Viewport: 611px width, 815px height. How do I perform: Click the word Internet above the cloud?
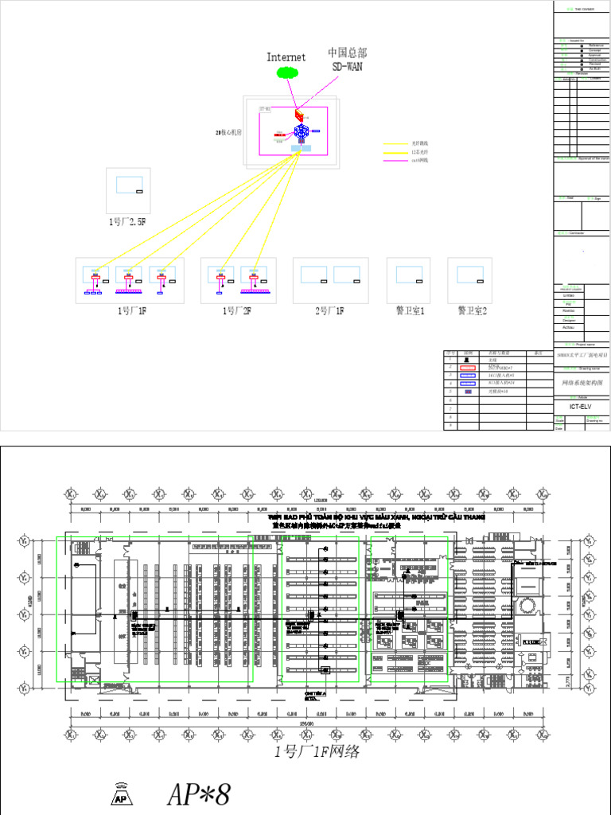[x=286, y=57]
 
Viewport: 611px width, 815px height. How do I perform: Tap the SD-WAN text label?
[x=347, y=66]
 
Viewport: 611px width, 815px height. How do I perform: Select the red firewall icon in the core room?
[x=300, y=115]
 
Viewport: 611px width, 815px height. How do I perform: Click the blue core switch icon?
[x=302, y=133]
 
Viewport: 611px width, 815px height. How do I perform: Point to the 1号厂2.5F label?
[x=128, y=222]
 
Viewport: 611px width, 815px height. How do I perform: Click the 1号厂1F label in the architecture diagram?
[x=130, y=311]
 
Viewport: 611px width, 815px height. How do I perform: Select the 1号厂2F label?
[x=236, y=311]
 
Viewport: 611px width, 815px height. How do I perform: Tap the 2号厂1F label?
[x=329, y=311]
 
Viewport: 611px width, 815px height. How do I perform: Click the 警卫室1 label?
[x=411, y=311]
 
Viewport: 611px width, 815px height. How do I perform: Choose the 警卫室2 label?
[x=472, y=311]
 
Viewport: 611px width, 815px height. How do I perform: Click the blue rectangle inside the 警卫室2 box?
[x=469, y=274]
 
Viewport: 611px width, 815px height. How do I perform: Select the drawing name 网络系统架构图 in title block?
[x=582, y=383]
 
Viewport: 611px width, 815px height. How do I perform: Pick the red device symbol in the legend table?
[x=467, y=369]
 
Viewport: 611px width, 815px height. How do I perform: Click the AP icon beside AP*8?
[x=122, y=795]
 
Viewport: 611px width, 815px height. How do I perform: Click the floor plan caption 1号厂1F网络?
[x=317, y=752]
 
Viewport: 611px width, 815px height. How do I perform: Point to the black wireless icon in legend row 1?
[x=467, y=361]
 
